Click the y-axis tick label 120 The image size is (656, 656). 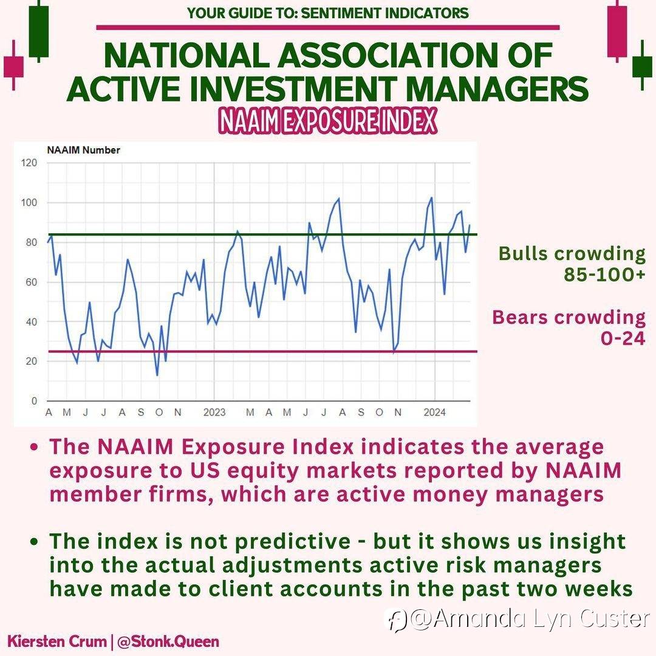click(29, 163)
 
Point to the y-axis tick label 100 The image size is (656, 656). click(29, 202)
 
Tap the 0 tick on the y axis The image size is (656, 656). click(34, 401)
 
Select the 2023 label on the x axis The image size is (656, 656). click(214, 412)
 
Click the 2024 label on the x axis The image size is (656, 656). click(435, 412)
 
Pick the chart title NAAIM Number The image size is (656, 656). click(83, 150)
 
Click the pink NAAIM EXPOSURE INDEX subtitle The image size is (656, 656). click(327, 121)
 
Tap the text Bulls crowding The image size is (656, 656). click(572, 254)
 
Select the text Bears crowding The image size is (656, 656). click(569, 318)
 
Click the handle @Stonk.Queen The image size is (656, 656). click(168, 642)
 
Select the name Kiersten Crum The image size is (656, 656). click(57, 642)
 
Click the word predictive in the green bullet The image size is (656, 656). click(292, 542)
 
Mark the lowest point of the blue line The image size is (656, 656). click(157, 375)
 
